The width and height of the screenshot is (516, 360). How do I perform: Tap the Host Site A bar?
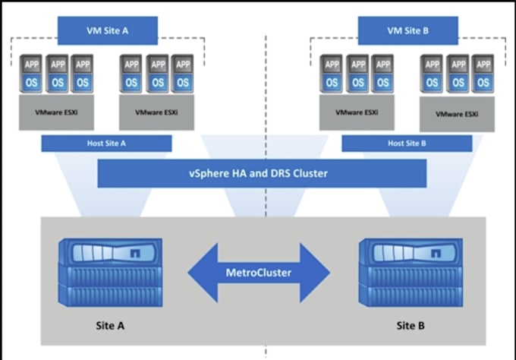tap(106, 144)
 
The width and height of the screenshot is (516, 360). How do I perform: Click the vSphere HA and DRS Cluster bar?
tap(259, 174)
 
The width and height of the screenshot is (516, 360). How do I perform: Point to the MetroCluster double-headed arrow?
tap(259, 272)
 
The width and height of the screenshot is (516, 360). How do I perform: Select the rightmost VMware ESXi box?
tap(457, 115)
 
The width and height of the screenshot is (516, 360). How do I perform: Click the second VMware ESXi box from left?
tap(157, 112)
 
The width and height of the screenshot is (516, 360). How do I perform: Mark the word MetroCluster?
tap(259, 272)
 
